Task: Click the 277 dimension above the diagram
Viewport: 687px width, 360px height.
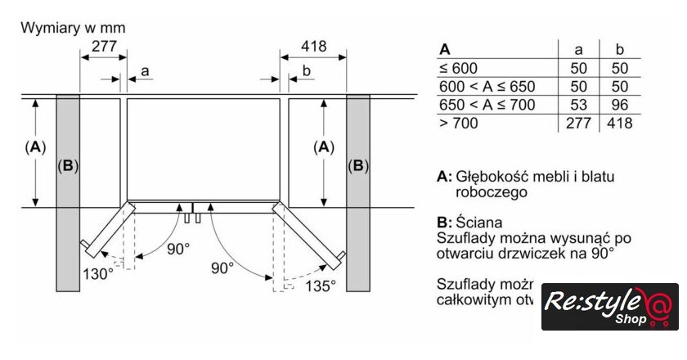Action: click(x=104, y=47)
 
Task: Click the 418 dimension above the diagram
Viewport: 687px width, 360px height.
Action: click(x=314, y=47)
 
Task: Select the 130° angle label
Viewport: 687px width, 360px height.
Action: click(x=97, y=274)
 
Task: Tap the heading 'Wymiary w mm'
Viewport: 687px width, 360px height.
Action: click(x=73, y=28)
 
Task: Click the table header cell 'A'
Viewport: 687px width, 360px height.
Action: click(x=445, y=48)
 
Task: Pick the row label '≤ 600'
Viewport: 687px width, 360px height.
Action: click(x=458, y=69)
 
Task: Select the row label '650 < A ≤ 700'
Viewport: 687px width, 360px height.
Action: click(x=487, y=105)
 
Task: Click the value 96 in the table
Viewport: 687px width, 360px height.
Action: click(x=618, y=105)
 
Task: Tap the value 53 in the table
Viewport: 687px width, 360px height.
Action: click(x=578, y=105)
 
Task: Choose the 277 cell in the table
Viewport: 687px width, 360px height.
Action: click(x=578, y=124)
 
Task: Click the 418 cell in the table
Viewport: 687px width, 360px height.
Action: click(x=618, y=124)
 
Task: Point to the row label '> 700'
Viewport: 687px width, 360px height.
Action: click(x=459, y=124)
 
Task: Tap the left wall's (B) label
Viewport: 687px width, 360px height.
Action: click(x=68, y=166)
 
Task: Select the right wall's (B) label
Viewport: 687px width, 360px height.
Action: click(x=357, y=166)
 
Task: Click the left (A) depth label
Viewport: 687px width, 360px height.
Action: click(x=34, y=147)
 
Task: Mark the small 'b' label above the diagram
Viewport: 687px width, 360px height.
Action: click(x=306, y=72)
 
